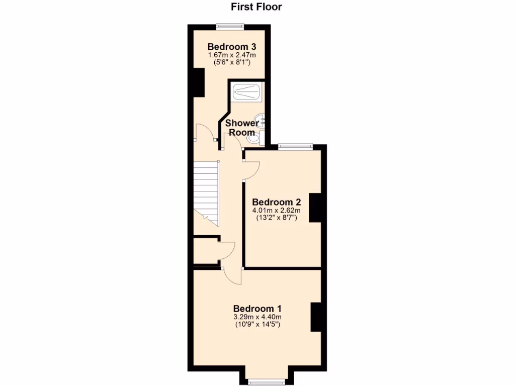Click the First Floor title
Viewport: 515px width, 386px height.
point(256,7)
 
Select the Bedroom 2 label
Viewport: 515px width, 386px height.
point(276,202)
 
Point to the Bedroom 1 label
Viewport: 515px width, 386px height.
point(257,308)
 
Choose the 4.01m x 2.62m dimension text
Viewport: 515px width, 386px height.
point(276,210)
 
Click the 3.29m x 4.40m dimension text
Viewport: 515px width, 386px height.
point(257,317)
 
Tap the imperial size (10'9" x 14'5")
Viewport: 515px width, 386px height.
point(257,325)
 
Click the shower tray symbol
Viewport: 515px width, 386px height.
point(246,92)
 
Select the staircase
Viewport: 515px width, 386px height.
point(207,193)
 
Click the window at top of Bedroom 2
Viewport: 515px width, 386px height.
point(296,146)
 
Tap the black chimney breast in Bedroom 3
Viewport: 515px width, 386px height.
point(199,82)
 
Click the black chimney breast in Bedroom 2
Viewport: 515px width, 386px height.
point(316,207)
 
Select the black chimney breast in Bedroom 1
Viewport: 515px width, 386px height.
point(316,317)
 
